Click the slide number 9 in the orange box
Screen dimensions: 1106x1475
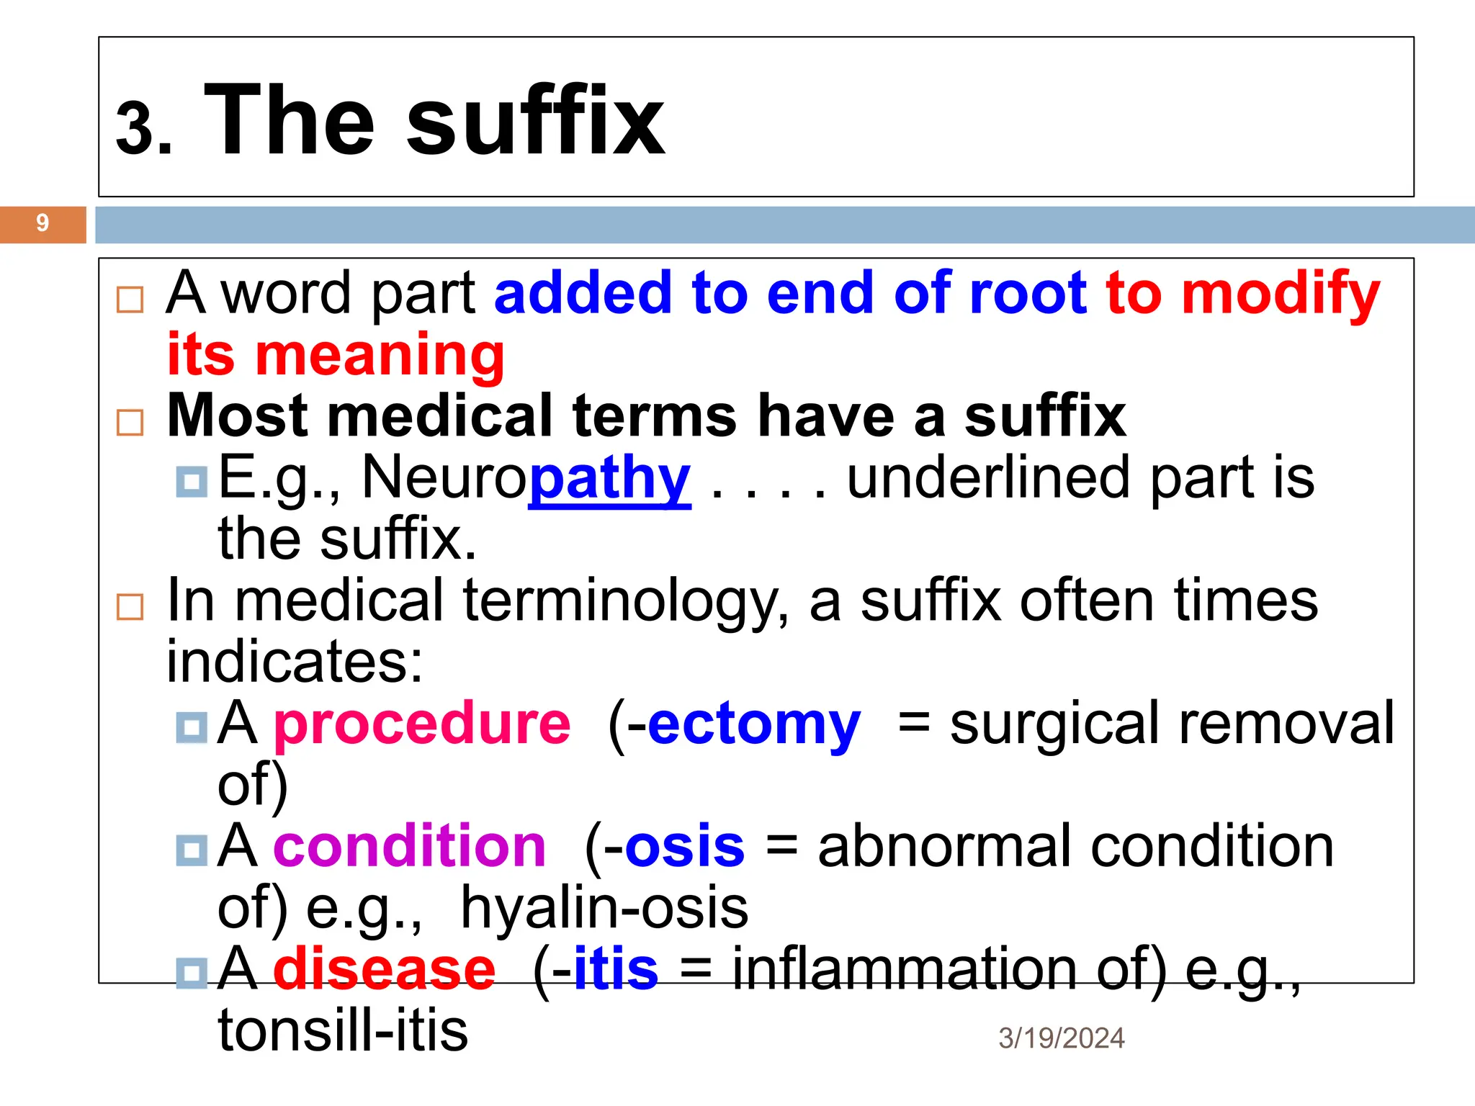pos(42,223)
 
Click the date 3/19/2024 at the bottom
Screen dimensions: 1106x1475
pos(1061,1038)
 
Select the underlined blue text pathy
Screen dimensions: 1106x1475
pos(609,480)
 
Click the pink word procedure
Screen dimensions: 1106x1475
pos(422,724)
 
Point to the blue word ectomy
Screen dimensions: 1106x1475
pos(754,725)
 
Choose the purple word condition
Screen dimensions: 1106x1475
pos(409,846)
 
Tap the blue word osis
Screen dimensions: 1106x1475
pos(684,846)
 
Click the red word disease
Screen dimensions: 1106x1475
pos(385,969)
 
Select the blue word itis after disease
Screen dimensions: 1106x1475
pos(616,969)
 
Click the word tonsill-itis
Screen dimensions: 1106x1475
pos(343,1030)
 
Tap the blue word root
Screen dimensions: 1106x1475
pos(1028,294)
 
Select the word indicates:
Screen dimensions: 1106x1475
pos(295,662)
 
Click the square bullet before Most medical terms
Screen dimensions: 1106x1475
pos(130,423)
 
